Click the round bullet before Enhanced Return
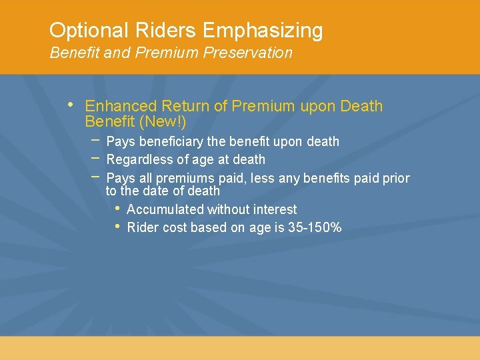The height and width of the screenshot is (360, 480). pos(71,105)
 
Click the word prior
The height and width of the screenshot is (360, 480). pos(396,178)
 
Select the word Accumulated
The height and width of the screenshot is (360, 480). pos(165,209)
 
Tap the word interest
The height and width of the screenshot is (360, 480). pos(275,209)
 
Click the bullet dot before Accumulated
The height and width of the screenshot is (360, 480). pos(117,208)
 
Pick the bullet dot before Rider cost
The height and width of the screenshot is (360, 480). pos(117,227)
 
